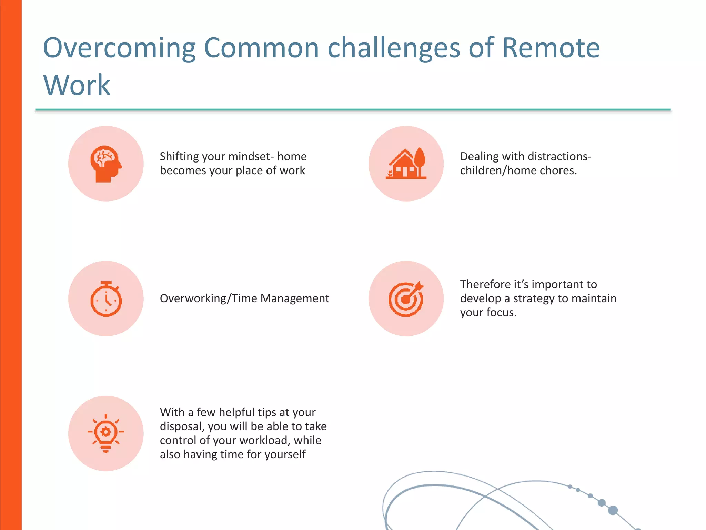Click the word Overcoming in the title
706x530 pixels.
pos(119,48)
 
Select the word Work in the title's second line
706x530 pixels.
pos(77,85)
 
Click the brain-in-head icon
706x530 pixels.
pos(106,164)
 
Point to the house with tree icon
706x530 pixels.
pos(406,164)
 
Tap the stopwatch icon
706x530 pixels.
pos(106,299)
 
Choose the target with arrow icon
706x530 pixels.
pos(406,299)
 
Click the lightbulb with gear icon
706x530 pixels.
pos(106,433)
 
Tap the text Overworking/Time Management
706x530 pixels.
pos(244,298)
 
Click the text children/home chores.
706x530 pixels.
pos(518,171)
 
